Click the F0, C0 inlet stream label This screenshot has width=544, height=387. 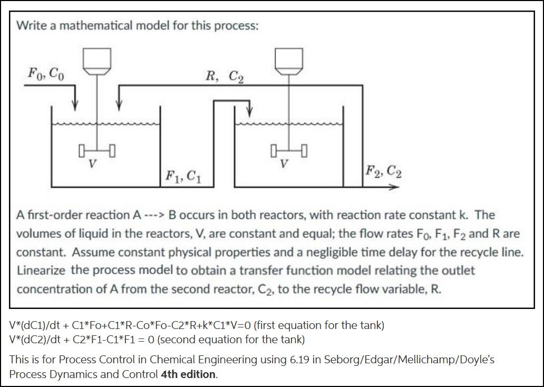46,73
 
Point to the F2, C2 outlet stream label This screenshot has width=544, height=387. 383,171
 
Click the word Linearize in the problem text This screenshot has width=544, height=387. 41,270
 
